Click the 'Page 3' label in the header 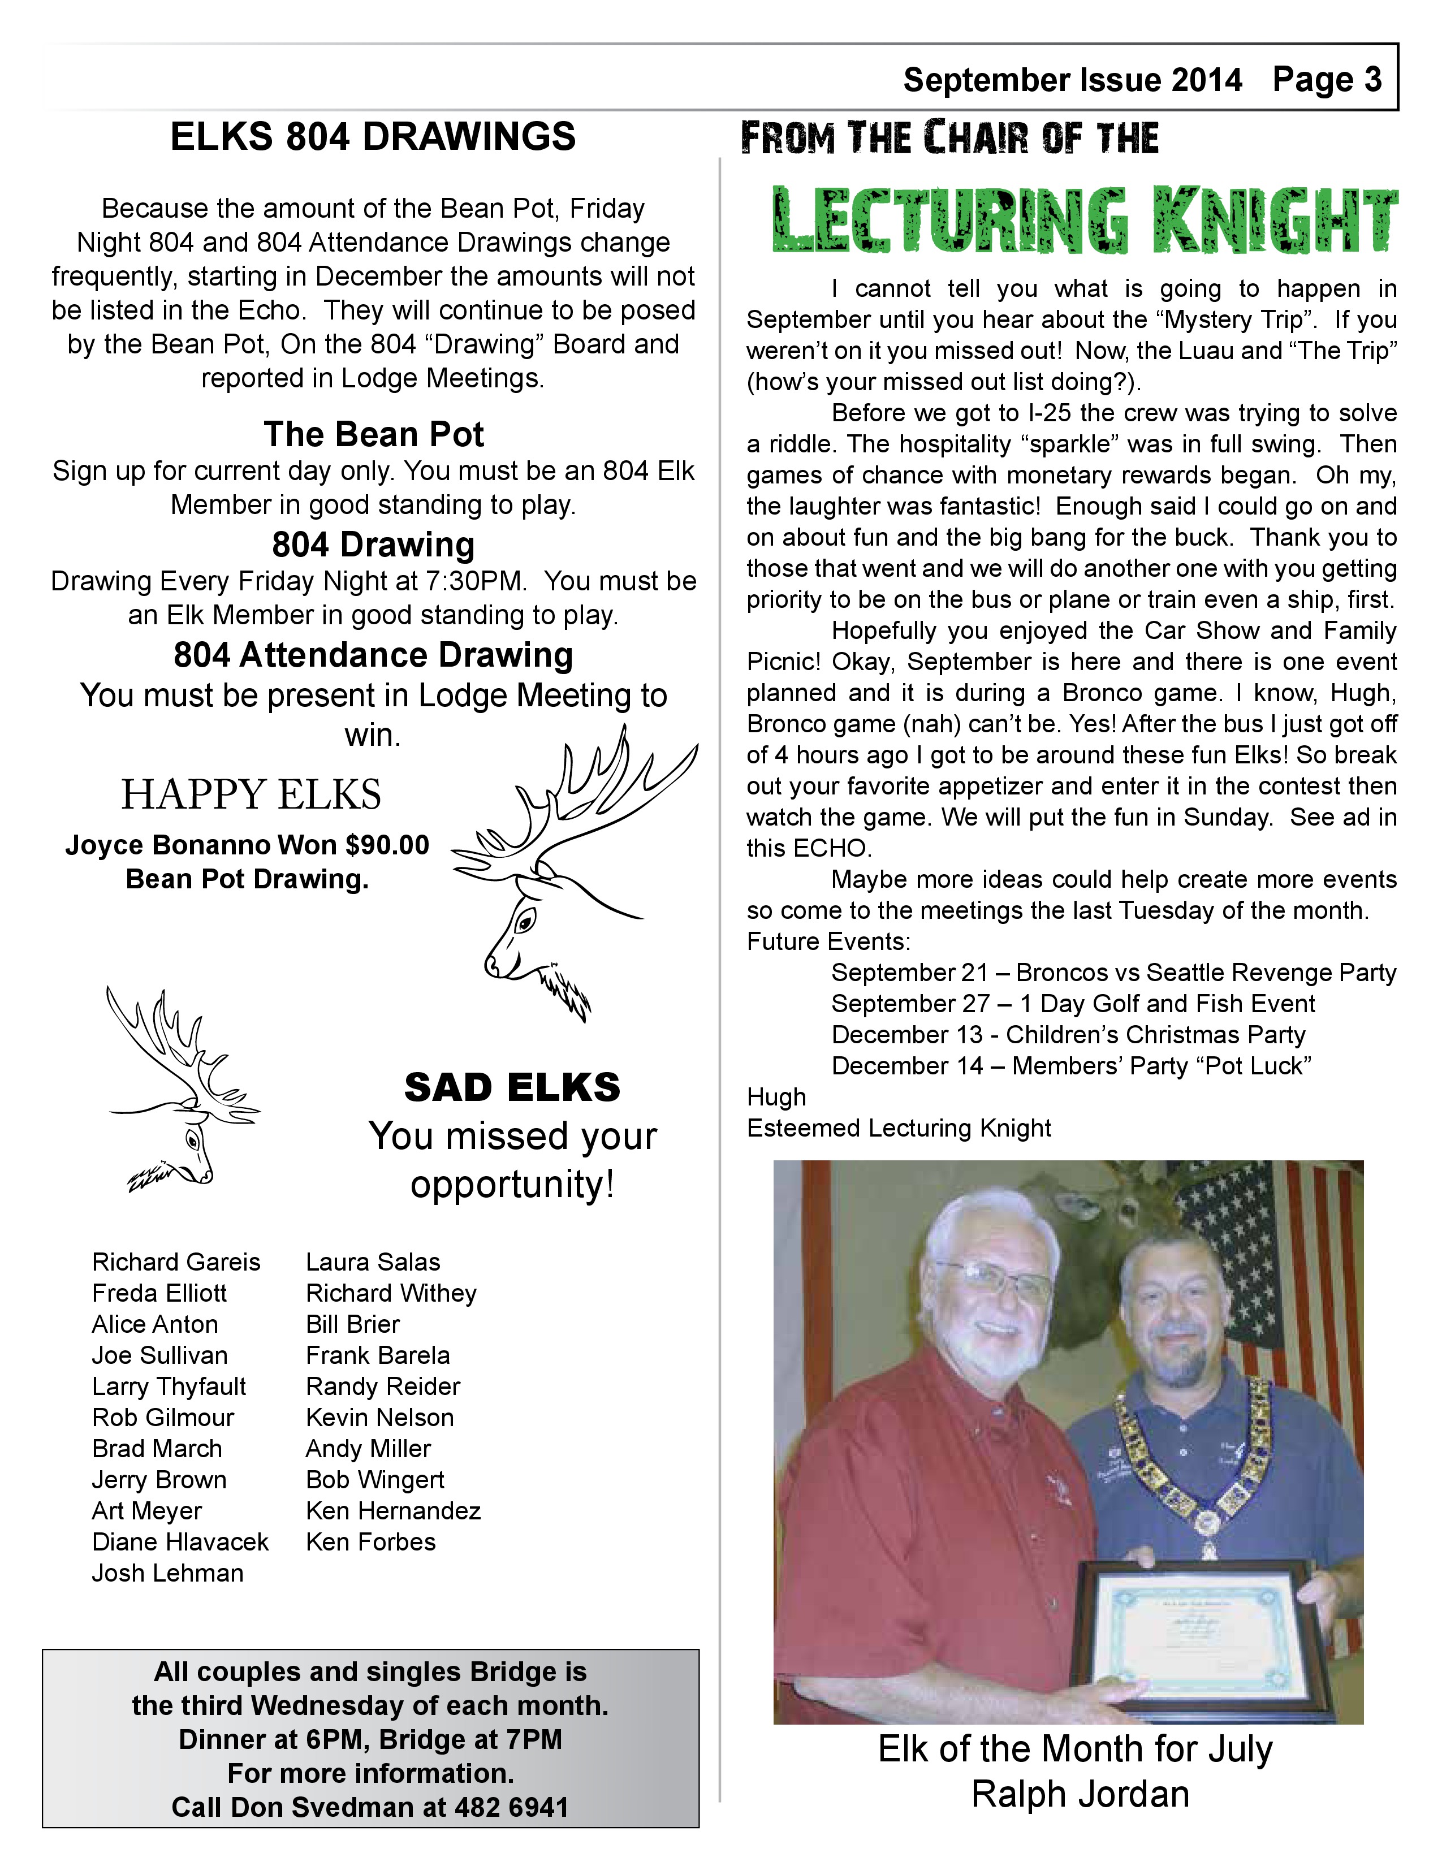click(1327, 80)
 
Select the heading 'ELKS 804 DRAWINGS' click(373, 137)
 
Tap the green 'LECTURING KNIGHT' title click(1085, 221)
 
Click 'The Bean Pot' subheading click(373, 434)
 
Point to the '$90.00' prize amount click(387, 845)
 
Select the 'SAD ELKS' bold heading click(512, 1087)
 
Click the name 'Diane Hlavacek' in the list click(180, 1542)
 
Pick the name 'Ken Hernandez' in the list click(393, 1510)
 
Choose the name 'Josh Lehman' click(167, 1573)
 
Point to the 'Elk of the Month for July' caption click(1074, 1749)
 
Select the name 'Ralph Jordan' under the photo click(1080, 1794)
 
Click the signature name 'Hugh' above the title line click(776, 1097)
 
